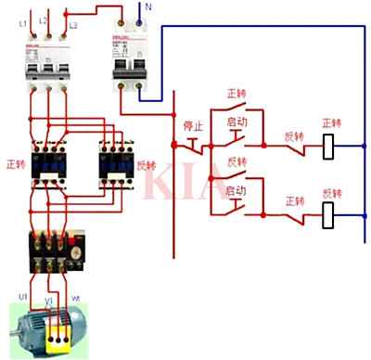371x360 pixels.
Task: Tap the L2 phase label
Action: pos(44,19)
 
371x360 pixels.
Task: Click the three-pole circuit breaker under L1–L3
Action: pos(45,66)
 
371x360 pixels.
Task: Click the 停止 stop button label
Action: pos(192,125)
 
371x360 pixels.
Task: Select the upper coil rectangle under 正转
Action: pos(327,146)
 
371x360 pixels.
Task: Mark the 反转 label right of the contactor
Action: pos(147,165)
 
